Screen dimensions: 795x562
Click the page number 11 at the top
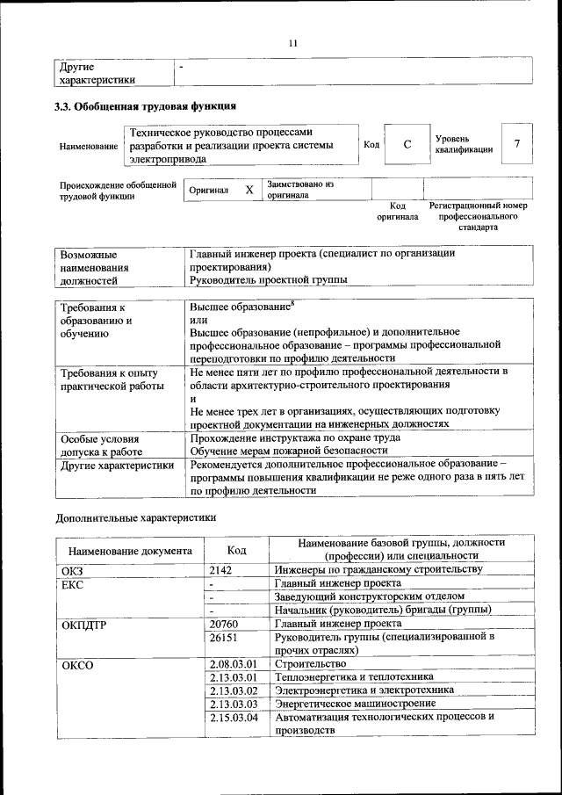coord(293,43)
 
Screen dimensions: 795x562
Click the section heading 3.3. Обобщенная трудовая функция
coord(146,107)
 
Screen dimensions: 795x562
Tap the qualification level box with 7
coord(517,145)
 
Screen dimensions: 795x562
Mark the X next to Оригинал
coord(249,190)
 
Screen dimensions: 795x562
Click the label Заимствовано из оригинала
coord(300,190)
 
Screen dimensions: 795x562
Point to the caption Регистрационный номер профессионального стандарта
coord(478,215)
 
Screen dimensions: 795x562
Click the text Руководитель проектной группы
coord(268,280)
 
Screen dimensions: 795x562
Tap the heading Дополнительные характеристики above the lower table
coord(135,517)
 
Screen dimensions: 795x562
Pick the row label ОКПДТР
coord(84,625)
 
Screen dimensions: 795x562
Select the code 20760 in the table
coord(226,624)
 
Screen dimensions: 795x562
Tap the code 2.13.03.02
coord(234,690)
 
